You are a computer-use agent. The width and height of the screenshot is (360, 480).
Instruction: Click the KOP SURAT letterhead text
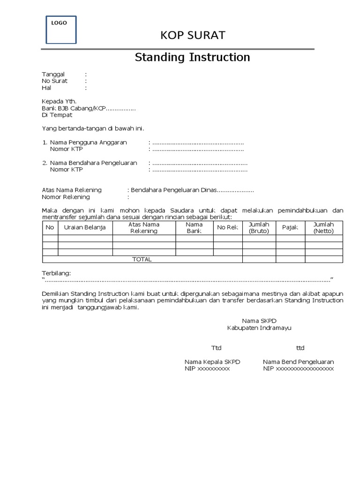pos(193,35)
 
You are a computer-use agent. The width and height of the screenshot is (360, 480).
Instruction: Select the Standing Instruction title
pos(192,58)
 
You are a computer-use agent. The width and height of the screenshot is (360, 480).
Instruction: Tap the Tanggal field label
pos(53,74)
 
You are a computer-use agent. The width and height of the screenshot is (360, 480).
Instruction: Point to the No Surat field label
pos(55,81)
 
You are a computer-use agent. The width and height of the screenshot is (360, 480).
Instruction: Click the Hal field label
pos(46,88)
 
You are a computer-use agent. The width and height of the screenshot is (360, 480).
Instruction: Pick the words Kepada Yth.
pos(59,101)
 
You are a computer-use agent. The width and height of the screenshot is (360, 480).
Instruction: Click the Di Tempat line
pos(57,115)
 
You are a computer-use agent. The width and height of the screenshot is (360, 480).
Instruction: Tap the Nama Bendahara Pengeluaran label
pos(93,163)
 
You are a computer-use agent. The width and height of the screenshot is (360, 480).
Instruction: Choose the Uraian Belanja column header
pos(85,228)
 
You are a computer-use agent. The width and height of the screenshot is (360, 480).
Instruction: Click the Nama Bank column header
pos(194,228)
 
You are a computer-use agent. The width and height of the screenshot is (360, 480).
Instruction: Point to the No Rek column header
pos(228,228)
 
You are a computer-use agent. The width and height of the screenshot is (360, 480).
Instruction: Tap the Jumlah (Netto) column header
pos(323,228)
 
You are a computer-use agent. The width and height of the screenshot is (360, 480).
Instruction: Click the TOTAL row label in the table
pos(142,259)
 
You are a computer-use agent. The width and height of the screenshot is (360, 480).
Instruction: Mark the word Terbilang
pos(56,273)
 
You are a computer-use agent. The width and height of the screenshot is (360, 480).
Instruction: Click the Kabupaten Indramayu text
pos(259,328)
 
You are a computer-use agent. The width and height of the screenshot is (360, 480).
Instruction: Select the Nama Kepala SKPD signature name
pos(212,362)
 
